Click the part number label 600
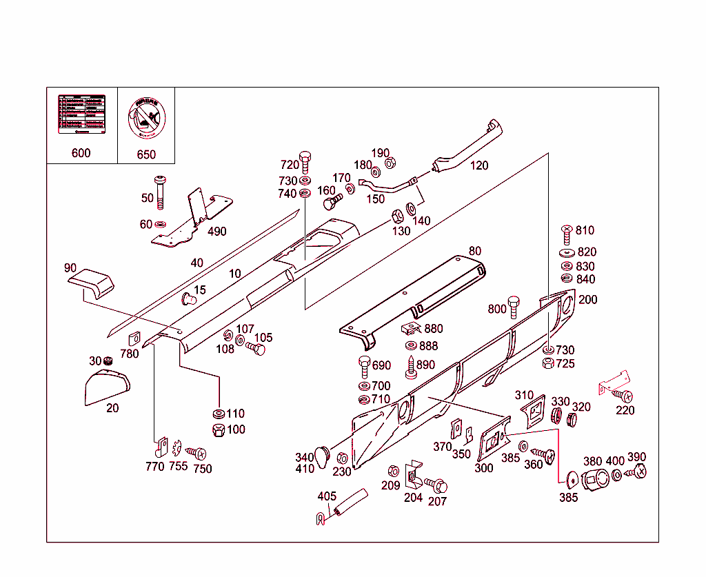pyautogui.click(x=81, y=153)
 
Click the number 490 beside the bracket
pyautogui.click(x=216, y=232)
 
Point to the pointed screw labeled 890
pyautogui.click(x=411, y=365)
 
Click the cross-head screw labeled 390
pyautogui.click(x=638, y=473)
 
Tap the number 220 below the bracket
pyautogui.click(x=625, y=410)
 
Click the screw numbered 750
pyautogui.click(x=197, y=454)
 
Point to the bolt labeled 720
pyautogui.click(x=305, y=161)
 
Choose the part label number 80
pyautogui.click(x=474, y=251)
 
